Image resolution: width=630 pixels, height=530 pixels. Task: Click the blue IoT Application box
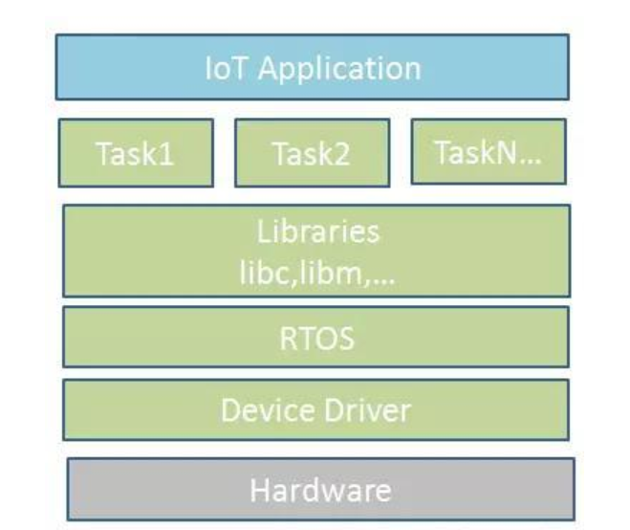[x=312, y=67]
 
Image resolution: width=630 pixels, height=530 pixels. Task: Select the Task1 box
[x=136, y=153]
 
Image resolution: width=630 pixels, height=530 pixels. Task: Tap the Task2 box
[x=312, y=153]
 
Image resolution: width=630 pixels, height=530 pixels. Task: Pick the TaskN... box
[x=488, y=151]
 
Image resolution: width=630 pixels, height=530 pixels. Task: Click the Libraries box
[x=315, y=250]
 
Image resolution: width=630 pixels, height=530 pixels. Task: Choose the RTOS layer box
[x=315, y=336]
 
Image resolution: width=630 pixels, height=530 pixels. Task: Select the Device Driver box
[x=315, y=409]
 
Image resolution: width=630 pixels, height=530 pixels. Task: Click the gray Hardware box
[x=320, y=489]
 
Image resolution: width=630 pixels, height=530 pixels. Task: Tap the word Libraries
[x=318, y=232]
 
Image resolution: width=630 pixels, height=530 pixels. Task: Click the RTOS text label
[x=317, y=337]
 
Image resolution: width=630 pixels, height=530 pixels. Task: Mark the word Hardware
[x=320, y=490]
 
